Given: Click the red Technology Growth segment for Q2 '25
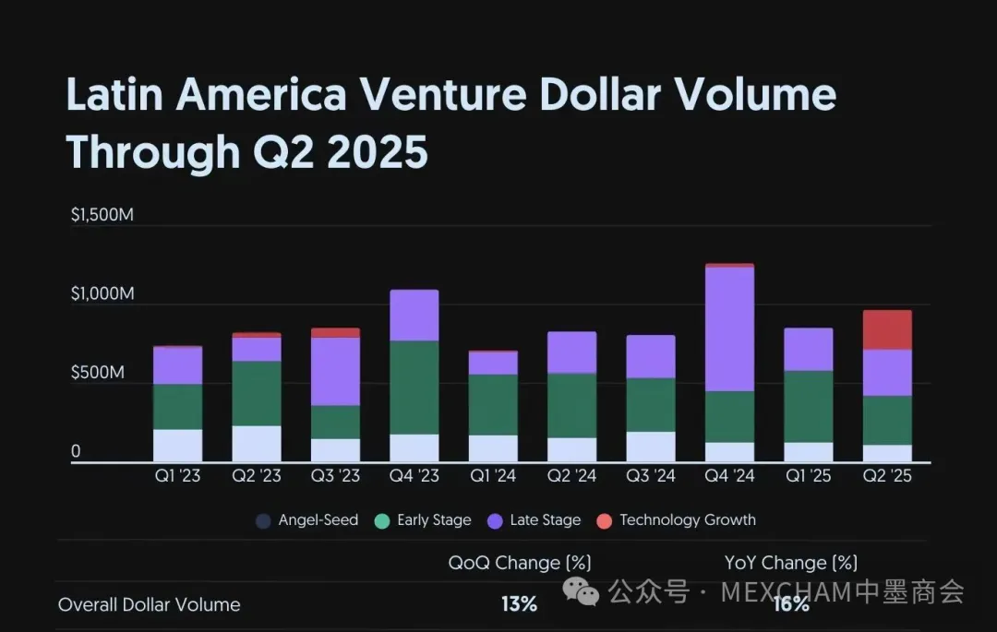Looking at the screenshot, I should tap(887, 329).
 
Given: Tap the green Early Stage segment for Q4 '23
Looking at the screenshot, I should tap(414, 388).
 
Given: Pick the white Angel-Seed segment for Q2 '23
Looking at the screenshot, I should tap(257, 444).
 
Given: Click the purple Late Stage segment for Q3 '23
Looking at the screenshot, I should tap(336, 371).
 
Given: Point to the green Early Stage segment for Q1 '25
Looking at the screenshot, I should tap(809, 406).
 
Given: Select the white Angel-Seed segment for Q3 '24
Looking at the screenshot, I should tap(651, 447).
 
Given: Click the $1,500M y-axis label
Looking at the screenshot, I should tap(102, 216).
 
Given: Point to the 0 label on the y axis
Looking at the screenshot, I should tap(76, 451).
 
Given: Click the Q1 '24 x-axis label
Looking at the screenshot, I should tap(493, 476).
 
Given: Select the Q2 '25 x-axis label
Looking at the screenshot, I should tap(887, 476).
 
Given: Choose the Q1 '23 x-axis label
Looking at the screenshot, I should tap(178, 476).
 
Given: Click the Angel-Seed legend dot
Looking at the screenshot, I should tap(264, 520).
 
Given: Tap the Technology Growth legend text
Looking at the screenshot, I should tap(688, 520).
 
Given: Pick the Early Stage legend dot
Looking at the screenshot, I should tap(382, 520).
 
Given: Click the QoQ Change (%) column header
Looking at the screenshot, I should tap(520, 562).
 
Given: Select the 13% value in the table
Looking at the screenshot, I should tap(520, 604).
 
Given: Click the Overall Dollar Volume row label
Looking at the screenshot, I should tap(149, 604).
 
